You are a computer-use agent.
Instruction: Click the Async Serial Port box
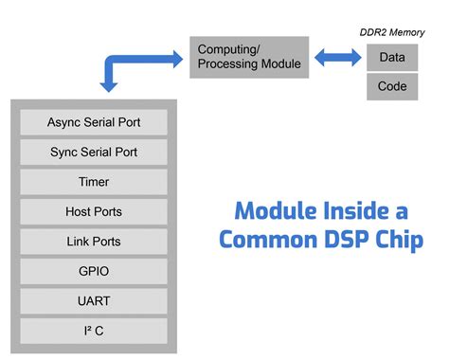[x=94, y=122]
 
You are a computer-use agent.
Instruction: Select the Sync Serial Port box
[x=94, y=152]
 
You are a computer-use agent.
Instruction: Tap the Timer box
[x=94, y=181]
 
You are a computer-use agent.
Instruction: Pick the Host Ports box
[x=94, y=211]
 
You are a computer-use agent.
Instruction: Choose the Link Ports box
[x=94, y=241]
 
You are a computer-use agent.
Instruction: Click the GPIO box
[x=94, y=271]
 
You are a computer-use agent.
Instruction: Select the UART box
[x=94, y=300]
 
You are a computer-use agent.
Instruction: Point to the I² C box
[x=94, y=331]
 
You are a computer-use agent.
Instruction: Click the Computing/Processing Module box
[x=249, y=57]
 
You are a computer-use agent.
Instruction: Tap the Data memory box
[x=392, y=57]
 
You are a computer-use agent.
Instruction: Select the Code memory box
[x=392, y=86]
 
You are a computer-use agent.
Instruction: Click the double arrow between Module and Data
[x=337, y=58]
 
